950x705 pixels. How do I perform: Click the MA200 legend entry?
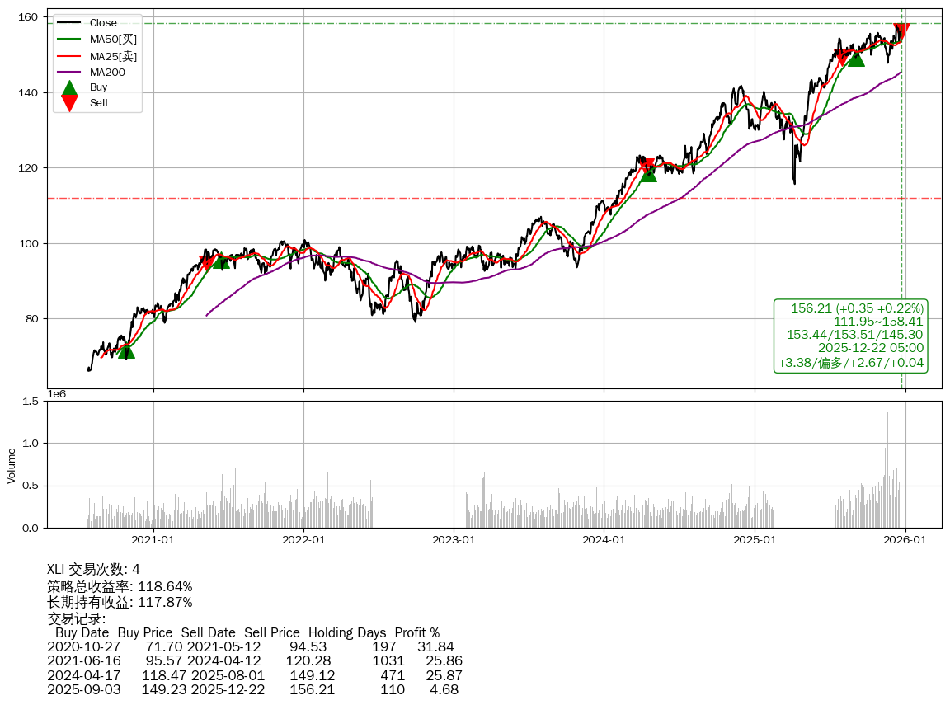click(x=107, y=72)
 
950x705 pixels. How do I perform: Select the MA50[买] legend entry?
click(x=113, y=39)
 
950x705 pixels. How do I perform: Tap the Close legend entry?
click(x=103, y=23)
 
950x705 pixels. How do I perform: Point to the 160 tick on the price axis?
click(x=31, y=16)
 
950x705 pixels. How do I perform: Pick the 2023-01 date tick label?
click(x=454, y=540)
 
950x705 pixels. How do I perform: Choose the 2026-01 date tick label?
click(x=905, y=540)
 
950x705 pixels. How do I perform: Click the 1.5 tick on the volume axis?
click(x=31, y=402)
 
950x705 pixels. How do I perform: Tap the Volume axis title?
click(x=12, y=465)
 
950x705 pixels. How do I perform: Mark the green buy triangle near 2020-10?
click(x=126, y=350)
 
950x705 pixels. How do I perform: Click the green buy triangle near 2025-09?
click(x=856, y=58)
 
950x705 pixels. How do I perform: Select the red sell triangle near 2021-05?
click(x=207, y=264)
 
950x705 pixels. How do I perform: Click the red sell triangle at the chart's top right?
click(x=901, y=31)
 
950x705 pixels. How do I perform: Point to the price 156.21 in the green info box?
click(x=807, y=308)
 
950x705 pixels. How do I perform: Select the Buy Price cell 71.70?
click(x=163, y=647)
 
